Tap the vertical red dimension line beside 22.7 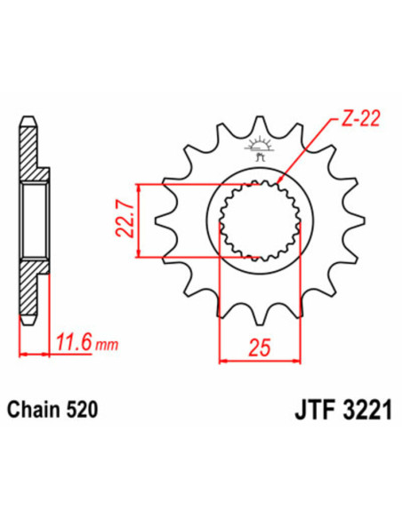[139, 222]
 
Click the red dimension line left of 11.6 [32, 354]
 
